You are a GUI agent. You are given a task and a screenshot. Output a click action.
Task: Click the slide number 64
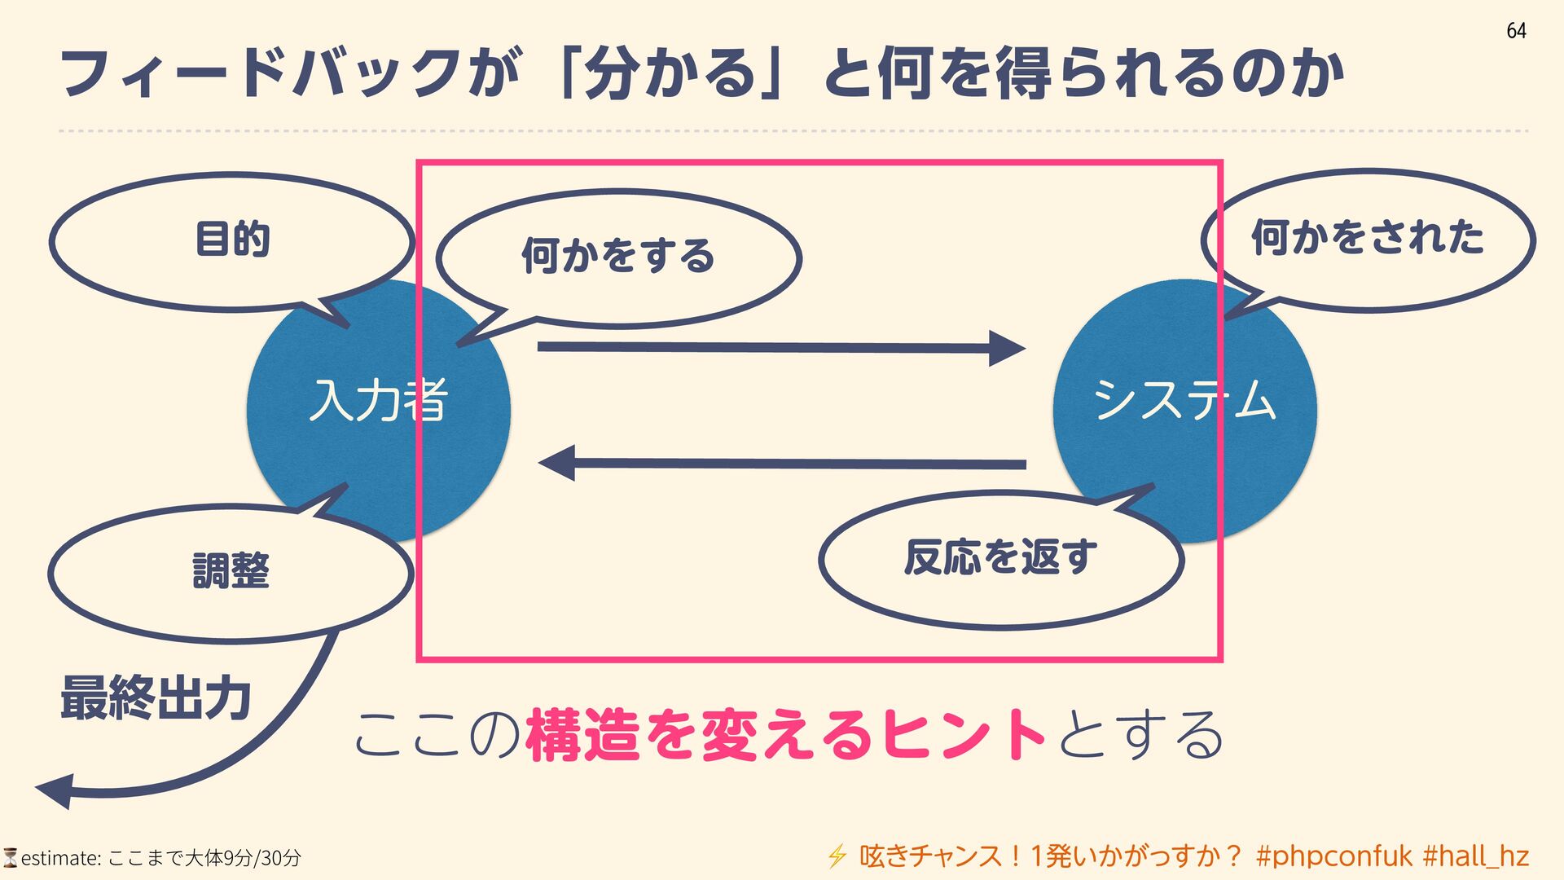coord(1516,31)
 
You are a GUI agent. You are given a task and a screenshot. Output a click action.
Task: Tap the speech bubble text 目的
coord(233,240)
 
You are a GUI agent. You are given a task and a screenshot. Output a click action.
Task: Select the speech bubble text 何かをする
coord(618,256)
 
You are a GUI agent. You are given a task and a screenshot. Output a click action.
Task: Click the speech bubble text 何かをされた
coord(1368,238)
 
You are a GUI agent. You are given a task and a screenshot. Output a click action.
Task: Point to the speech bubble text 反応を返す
coord(1000,557)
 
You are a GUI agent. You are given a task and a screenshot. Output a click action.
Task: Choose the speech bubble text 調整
coord(231,570)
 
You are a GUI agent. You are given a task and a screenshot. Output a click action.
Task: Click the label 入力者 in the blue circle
coord(379,401)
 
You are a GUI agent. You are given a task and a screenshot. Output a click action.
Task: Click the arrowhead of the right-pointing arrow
coord(1007,349)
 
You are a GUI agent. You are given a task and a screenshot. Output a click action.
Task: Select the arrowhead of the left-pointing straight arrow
coord(557,463)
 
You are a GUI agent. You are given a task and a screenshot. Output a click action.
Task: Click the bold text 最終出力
coord(156,698)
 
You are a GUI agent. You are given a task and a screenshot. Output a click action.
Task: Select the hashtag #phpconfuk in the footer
coord(1333,856)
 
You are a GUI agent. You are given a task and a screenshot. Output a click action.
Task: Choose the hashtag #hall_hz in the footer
coord(1475,856)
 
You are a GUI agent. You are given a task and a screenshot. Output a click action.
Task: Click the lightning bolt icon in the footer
coord(837,856)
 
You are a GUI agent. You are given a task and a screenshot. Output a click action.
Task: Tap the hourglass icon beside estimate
coord(10,857)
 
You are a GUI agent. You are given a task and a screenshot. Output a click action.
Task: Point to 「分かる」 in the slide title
coord(672,73)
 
